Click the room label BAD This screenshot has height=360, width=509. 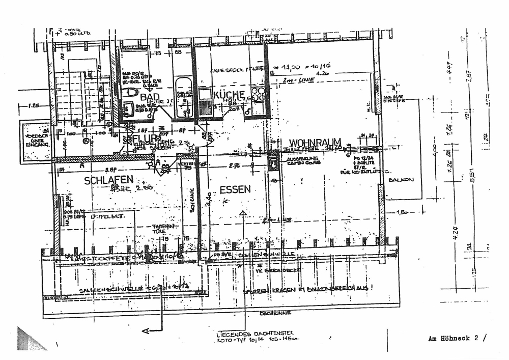pyautogui.click(x=151, y=97)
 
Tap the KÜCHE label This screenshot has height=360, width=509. pyautogui.click(x=230, y=95)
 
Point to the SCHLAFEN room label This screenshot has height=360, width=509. pyautogui.click(x=109, y=180)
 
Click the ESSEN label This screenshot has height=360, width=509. pyautogui.click(x=235, y=190)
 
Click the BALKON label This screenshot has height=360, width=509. pyautogui.click(x=400, y=180)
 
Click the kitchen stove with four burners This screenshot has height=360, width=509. pyautogui.click(x=257, y=95)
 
